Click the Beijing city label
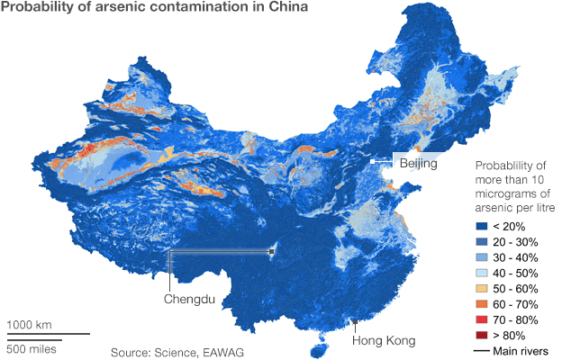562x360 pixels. pyautogui.click(x=418, y=164)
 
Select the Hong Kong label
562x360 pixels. pyautogui.click(x=383, y=341)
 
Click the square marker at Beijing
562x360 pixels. pyautogui.click(x=372, y=161)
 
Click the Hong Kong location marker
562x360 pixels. pyautogui.click(x=356, y=321)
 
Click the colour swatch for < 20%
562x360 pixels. pyautogui.click(x=480, y=229)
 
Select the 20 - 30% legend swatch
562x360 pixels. pyautogui.click(x=480, y=244)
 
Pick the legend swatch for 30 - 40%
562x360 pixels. pyautogui.click(x=480, y=259)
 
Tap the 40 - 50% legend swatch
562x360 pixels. pyautogui.click(x=480, y=274)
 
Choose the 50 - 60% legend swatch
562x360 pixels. pyautogui.click(x=480, y=290)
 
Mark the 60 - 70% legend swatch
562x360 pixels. pyautogui.click(x=480, y=305)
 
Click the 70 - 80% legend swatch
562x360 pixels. pyautogui.click(x=480, y=320)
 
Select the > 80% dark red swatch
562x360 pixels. pyautogui.click(x=480, y=336)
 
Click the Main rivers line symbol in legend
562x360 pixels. pyautogui.click(x=480, y=350)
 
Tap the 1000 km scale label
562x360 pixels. pyautogui.click(x=30, y=324)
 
